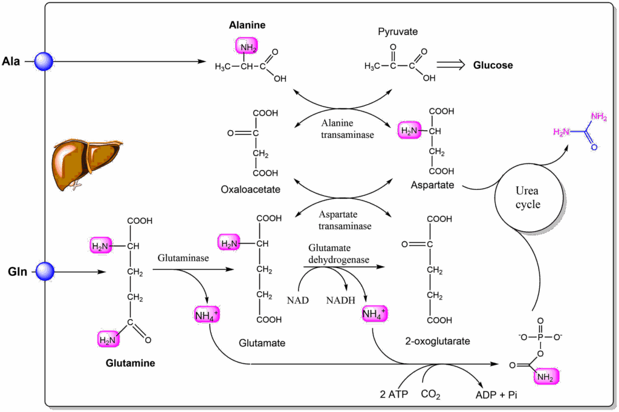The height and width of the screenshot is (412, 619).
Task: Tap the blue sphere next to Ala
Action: [x=44, y=61]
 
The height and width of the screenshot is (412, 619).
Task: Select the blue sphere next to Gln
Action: [x=44, y=272]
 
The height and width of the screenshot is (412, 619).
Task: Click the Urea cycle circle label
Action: [x=528, y=197]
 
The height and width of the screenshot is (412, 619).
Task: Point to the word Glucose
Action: [x=493, y=65]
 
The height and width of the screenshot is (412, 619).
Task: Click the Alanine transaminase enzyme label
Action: [x=346, y=129]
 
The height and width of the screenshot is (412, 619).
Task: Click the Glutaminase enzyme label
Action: [x=183, y=258]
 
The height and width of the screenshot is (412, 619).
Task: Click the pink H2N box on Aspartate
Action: [x=409, y=129]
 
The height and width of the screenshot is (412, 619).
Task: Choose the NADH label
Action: [x=341, y=300]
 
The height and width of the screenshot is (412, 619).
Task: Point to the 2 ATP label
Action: [x=394, y=395]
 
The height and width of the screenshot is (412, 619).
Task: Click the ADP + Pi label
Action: [x=497, y=395]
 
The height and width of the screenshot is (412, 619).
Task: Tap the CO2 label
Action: [x=431, y=395]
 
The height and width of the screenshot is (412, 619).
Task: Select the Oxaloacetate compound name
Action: [x=250, y=189]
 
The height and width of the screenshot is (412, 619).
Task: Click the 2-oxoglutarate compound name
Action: [x=437, y=341]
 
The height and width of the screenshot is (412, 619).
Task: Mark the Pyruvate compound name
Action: [x=397, y=31]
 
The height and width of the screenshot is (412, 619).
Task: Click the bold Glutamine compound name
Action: [x=130, y=364]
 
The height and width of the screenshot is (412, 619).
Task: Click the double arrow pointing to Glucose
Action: [x=452, y=65]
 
